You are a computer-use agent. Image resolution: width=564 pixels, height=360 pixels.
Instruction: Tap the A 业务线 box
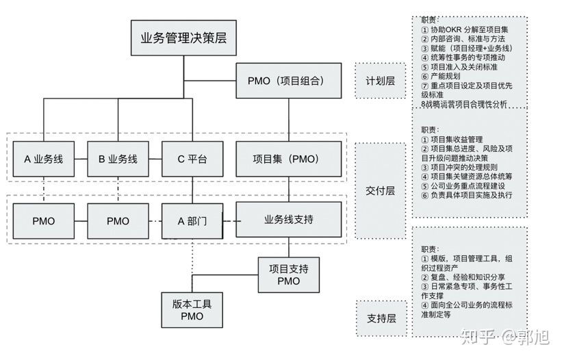(x=44, y=159)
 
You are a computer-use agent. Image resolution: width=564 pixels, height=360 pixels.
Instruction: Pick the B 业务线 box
(x=118, y=159)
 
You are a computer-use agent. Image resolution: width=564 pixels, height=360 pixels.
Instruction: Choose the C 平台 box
(x=192, y=159)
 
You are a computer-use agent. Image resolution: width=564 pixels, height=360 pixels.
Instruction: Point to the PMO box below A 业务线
(x=44, y=221)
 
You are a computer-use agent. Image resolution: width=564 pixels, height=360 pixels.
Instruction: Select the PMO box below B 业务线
(x=118, y=221)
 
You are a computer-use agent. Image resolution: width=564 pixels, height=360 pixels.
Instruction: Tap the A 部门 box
(x=192, y=221)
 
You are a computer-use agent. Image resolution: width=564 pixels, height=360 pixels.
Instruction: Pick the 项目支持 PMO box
(x=289, y=274)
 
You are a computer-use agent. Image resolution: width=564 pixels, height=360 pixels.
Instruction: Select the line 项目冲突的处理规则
(x=459, y=167)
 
